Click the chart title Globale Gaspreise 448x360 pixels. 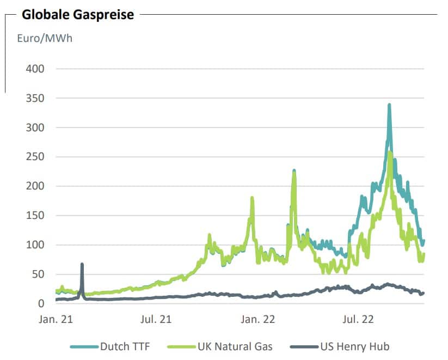77,15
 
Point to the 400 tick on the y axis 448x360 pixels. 33,69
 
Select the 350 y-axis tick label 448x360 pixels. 33,99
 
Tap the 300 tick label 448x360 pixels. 33,128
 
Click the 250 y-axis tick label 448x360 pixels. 33,157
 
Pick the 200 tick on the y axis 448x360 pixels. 33,186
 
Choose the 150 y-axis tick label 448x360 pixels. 33,216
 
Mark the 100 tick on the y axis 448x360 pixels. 33,245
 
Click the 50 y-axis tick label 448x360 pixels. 36,274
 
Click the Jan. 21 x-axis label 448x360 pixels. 56,319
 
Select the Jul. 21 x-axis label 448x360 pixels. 156,319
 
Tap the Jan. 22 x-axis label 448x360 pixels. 257,319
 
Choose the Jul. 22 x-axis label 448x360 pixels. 358,319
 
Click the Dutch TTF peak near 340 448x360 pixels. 389,105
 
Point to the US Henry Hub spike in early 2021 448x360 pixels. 82,265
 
